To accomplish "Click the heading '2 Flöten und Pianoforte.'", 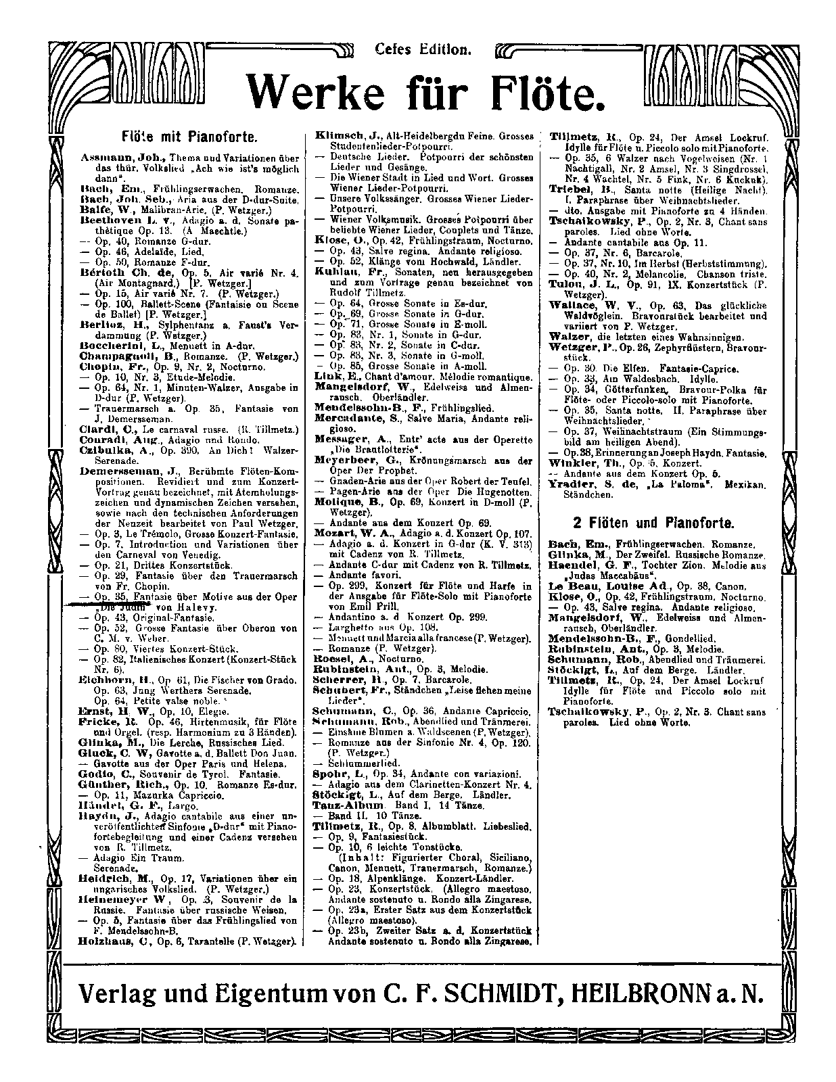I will (x=651, y=523).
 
